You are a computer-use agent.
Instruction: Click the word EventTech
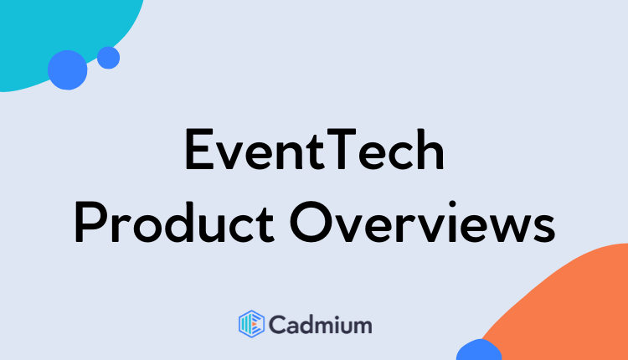click(314, 149)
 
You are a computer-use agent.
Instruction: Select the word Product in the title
click(174, 222)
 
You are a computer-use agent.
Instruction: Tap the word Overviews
click(423, 222)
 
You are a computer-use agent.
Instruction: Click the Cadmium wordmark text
click(321, 324)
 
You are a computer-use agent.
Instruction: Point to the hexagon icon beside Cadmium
click(251, 324)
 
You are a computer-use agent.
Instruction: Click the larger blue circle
click(67, 70)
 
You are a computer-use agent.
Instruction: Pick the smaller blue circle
click(108, 58)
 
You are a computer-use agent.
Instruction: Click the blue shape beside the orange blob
click(479, 351)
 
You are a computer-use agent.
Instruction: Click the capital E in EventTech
click(198, 149)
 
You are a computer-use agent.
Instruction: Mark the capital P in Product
click(88, 222)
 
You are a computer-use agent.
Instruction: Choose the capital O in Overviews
click(311, 222)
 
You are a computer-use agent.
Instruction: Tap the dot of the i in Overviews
click(452, 204)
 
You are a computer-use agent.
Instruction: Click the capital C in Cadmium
click(277, 324)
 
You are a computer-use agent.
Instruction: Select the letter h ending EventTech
click(430, 149)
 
